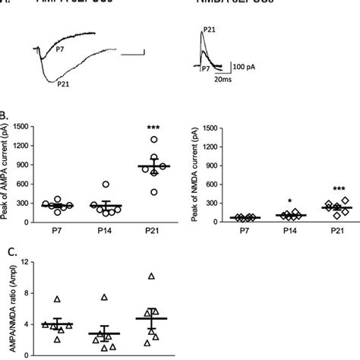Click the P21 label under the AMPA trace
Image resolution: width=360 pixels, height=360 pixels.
tap(65, 85)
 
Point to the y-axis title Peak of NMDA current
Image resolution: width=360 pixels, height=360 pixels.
tap(187, 175)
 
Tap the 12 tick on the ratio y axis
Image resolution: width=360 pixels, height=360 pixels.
tap(28, 263)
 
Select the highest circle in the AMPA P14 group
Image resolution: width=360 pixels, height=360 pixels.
tap(106, 185)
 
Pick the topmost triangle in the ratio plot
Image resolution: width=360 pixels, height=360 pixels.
tap(152, 276)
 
